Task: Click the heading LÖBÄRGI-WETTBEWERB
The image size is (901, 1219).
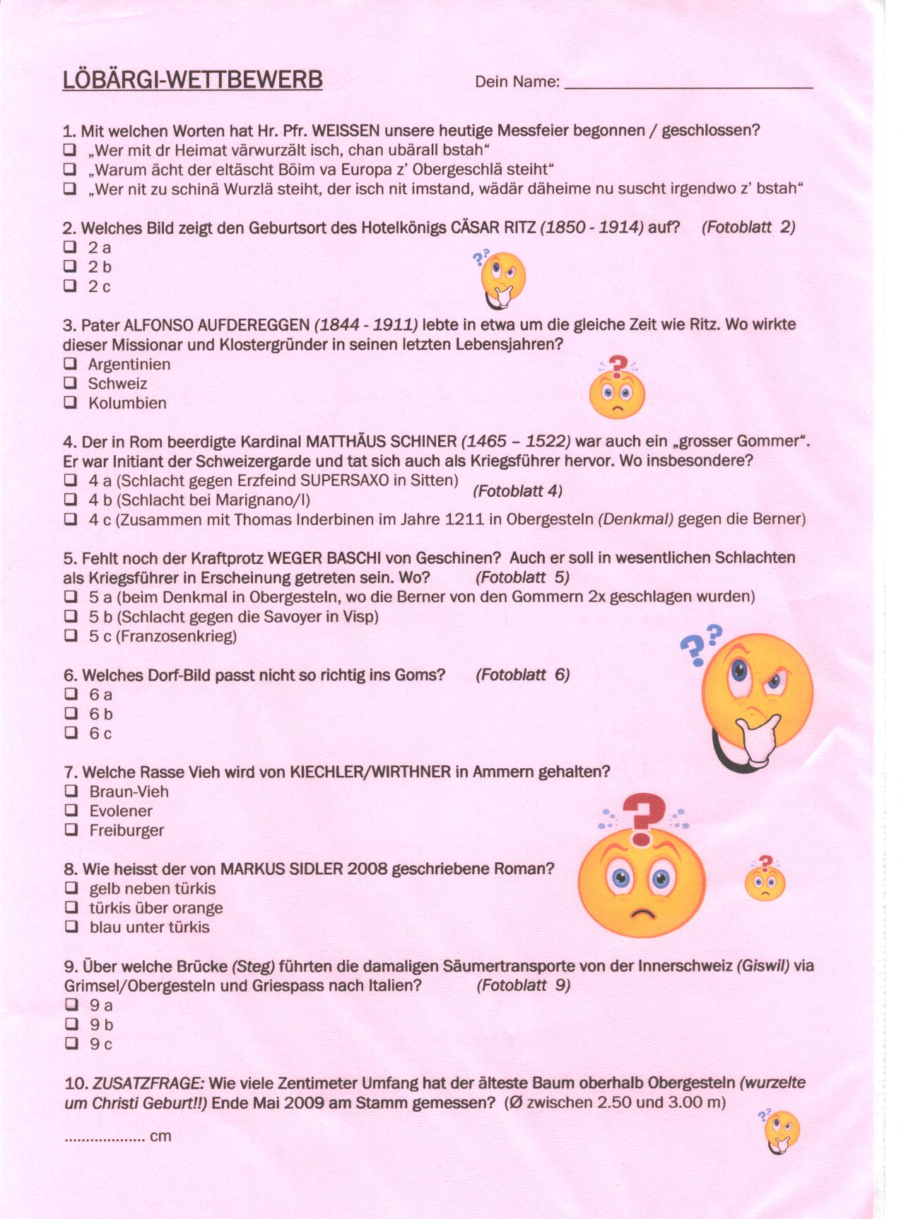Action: point(192,79)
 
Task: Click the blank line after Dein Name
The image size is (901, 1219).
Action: point(689,83)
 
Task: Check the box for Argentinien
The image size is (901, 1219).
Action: point(70,364)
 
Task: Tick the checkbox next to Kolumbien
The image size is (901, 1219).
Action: point(70,403)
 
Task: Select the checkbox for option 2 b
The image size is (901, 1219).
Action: point(70,266)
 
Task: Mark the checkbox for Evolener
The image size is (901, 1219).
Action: point(71,811)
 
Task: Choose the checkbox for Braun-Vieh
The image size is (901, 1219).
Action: point(71,791)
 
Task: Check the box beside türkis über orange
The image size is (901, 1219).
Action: point(71,907)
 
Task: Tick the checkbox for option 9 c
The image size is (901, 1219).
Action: point(71,1043)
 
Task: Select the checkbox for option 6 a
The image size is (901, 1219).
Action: point(71,694)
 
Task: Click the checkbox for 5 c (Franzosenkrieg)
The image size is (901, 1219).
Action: point(71,635)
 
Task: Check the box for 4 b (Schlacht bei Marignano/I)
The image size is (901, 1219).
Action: point(71,500)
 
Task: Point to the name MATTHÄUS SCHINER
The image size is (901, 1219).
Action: point(381,442)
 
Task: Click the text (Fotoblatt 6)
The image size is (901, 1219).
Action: point(522,675)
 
